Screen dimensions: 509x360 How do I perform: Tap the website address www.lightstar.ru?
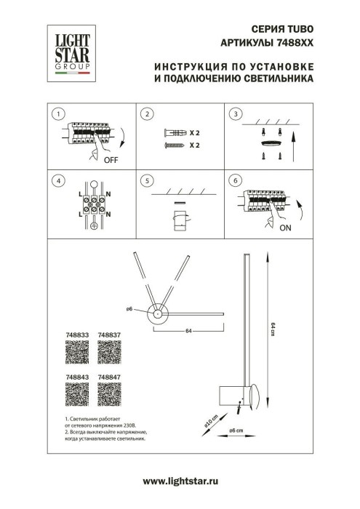click(180, 481)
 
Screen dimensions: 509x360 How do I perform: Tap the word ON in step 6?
click(284, 227)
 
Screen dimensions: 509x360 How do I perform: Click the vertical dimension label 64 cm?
click(272, 329)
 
